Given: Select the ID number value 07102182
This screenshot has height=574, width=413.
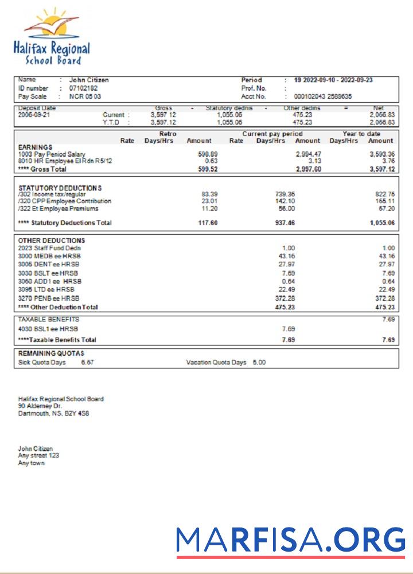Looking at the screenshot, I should (x=83, y=88).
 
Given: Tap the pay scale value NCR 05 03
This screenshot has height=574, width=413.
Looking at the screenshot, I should (x=85, y=96).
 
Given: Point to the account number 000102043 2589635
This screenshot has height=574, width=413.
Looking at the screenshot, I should (x=323, y=96).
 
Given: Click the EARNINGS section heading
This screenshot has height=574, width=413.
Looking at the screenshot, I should (x=35, y=148).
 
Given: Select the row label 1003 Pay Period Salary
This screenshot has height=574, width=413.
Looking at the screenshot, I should (x=52, y=154).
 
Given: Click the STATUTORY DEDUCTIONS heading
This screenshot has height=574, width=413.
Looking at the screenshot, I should (x=60, y=188).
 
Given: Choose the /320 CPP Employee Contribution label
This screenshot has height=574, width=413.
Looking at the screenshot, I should (x=65, y=201).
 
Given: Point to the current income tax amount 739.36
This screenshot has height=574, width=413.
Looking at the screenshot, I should (x=285, y=194).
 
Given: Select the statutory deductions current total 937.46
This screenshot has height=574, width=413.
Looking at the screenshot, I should (x=285, y=223).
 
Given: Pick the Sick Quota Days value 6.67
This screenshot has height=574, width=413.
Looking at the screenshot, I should (x=88, y=363).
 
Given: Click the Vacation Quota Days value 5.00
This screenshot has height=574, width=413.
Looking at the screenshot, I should (x=259, y=363).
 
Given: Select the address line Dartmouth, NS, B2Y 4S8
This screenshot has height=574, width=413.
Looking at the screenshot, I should (x=53, y=413).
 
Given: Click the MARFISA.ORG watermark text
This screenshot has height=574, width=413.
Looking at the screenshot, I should (x=290, y=540).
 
